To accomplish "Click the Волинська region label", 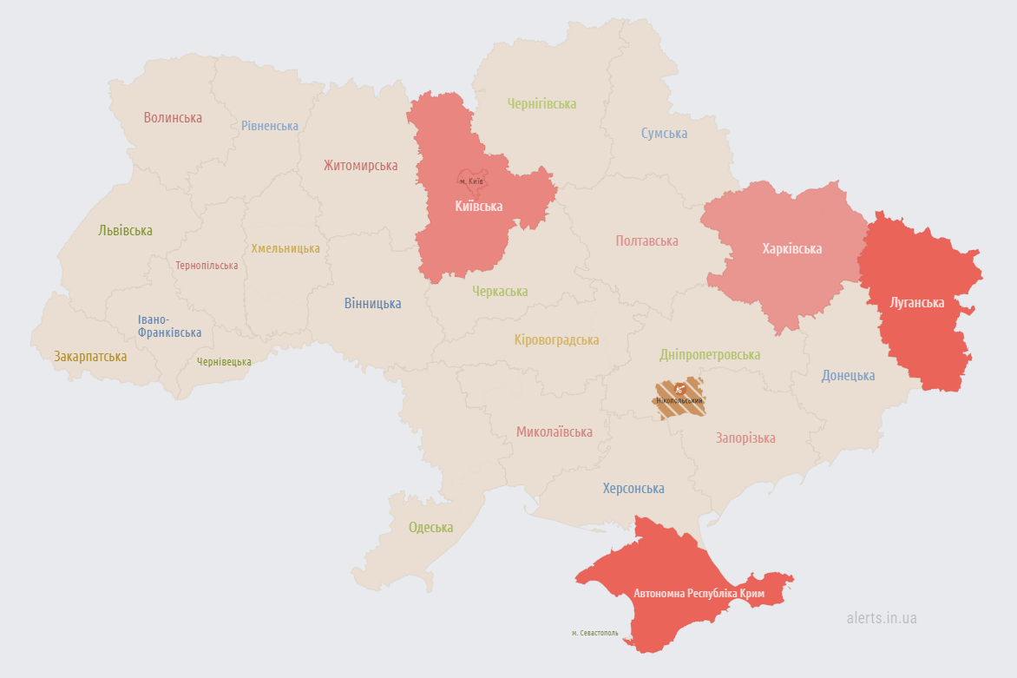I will coord(173,117).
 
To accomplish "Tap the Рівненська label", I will coord(270,126).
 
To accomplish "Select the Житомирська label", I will coord(360,165).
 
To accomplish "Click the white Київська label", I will coord(479,206).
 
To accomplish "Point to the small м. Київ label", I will coord(471,181).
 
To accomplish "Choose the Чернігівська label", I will coord(541,103).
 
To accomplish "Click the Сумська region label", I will coord(664,133).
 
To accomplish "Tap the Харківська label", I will coord(791,248).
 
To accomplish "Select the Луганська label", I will coord(916,302).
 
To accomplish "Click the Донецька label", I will coord(848,375).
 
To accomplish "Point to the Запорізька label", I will coord(745,438).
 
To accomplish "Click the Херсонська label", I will coord(633,488).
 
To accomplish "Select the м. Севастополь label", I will coord(594,633).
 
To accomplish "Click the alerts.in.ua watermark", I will coord(882,618).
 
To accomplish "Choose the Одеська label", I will coord(430,527).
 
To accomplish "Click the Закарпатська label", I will coord(90,356).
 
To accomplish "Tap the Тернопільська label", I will coord(207,265).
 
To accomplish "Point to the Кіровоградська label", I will coord(556,339).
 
